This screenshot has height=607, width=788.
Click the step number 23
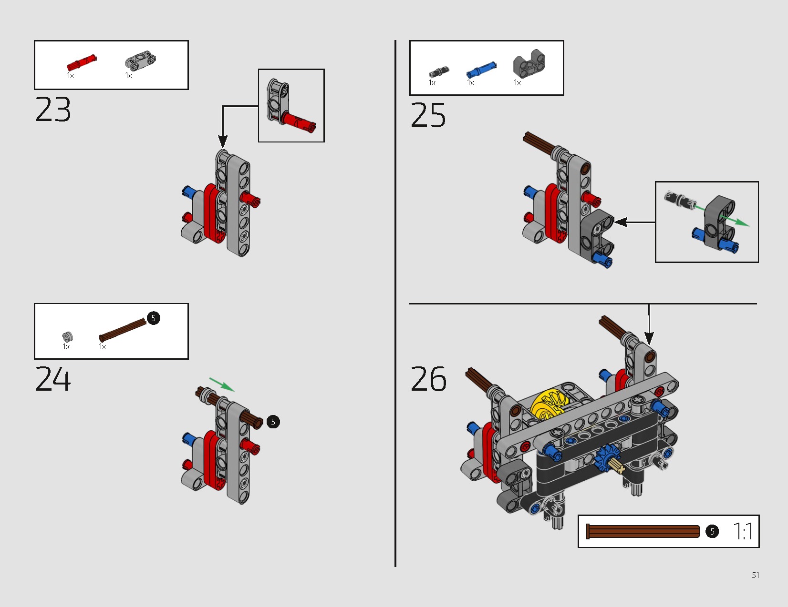(x=53, y=110)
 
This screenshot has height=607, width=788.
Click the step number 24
(x=53, y=379)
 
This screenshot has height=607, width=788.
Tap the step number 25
(x=428, y=115)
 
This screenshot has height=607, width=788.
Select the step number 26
(x=428, y=379)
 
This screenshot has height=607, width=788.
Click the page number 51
(x=756, y=575)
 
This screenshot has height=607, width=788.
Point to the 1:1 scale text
(x=743, y=531)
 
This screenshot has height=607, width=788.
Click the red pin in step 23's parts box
(x=82, y=63)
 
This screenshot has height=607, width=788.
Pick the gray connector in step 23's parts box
(x=140, y=60)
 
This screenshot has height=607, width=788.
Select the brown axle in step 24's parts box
(x=123, y=330)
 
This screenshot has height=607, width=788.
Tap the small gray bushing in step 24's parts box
(x=67, y=337)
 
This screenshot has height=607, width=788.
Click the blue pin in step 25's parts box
(x=481, y=70)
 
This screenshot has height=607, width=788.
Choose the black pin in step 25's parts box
(x=439, y=72)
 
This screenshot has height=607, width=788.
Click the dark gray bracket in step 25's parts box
(x=529, y=64)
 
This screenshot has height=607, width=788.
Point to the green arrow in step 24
(x=222, y=384)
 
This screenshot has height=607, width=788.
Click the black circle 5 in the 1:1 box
(x=712, y=531)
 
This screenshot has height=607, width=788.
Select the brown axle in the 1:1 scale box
(x=643, y=531)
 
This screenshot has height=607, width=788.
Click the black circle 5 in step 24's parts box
(x=154, y=318)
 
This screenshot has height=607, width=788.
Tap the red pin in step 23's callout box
(x=299, y=121)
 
